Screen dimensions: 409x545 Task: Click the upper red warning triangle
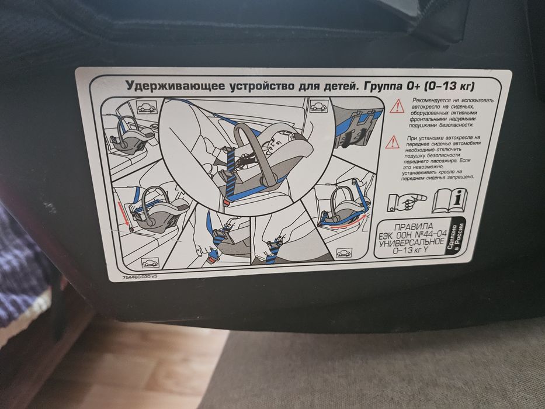(x=397, y=106)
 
